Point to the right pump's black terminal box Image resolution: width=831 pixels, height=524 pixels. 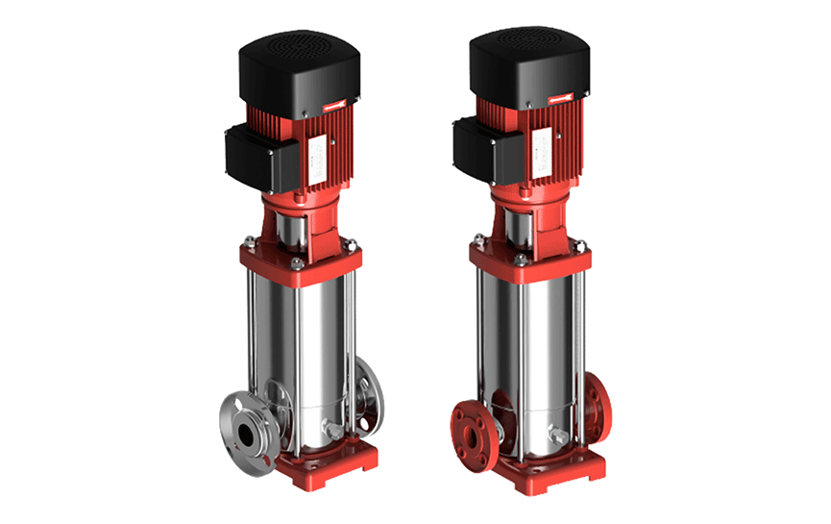pyautogui.click(x=476, y=145)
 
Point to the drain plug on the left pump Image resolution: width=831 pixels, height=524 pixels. pyautogui.click(x=331, y=432)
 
